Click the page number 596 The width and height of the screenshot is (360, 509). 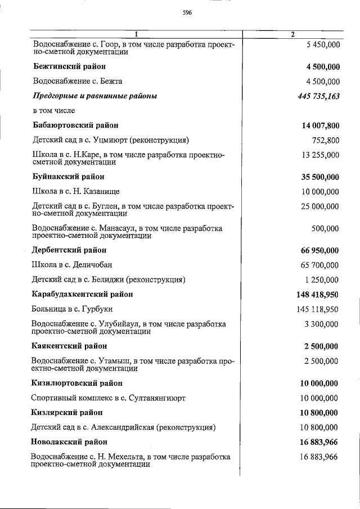[x=187, y=13]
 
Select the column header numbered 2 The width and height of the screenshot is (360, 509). [x=292, y=34]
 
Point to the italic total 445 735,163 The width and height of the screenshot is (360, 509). [x=318, y=96]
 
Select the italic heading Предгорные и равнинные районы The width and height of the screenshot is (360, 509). [x=95, y=96]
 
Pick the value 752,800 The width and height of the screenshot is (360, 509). [x=325, y=140]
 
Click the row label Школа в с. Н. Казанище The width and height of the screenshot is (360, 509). [x=76, y=191]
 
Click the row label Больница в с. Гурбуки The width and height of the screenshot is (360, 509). [x=73, y=309]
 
